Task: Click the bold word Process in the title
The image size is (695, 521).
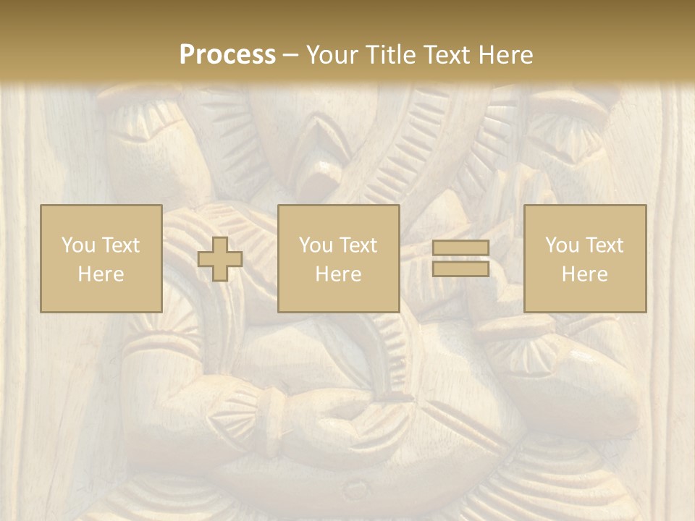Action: [227, 55]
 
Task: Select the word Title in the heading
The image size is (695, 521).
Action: [390, 55]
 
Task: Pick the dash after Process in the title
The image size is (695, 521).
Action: [291, 56]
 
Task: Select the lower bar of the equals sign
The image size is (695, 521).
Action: [460, 268]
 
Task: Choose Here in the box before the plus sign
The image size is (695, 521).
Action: [101, 274]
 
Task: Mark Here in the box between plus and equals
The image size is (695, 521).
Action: [339, 274]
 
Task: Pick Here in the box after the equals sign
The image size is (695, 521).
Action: [585, 274]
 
